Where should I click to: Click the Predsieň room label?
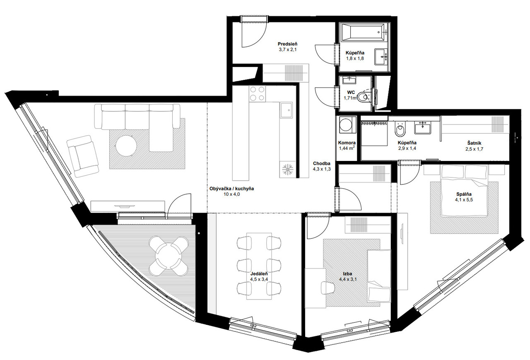point(287,44)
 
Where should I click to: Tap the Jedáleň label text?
point(259,274)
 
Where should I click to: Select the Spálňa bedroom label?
point(464,194)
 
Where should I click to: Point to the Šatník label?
point(474,143)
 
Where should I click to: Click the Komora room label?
point(347,143)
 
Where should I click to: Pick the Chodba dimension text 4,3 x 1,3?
point(322,169)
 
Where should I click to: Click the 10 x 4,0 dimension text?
point(231,194)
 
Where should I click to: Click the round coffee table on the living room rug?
point(126,146)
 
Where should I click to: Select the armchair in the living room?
point(82,156)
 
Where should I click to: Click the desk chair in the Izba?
point(328,288)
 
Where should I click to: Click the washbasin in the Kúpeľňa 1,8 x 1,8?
point(381,57)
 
